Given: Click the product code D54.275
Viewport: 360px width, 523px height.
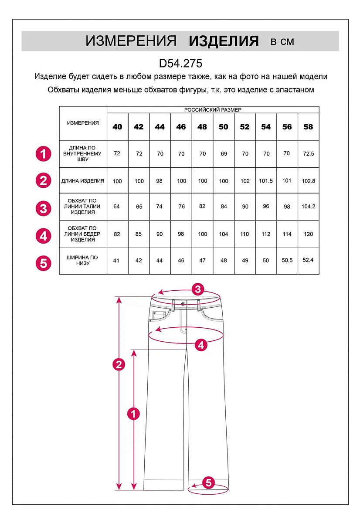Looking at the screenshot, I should (x=180, y=64).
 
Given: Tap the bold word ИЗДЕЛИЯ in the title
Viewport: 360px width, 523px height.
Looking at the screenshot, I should (x=224, y=41).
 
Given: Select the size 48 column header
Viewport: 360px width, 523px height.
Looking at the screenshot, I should (x=202, y=127).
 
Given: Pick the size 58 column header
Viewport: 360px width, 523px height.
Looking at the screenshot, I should (x=308, y=127).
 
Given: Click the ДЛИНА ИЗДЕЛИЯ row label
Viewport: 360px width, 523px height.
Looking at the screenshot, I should (x=83, y=181).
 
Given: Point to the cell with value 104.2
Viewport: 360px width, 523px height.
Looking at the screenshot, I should (x=308, y=207).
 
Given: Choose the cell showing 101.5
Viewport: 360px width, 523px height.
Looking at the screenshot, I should (x=266, y=181).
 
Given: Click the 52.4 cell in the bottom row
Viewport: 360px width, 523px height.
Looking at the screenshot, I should (x=308, y=260).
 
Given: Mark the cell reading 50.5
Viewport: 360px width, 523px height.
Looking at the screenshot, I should (x=287, y=260).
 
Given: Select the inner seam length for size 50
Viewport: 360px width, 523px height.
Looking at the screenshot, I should (x=224, y=154).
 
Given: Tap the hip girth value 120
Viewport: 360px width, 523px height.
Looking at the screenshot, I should (x=308, y=234).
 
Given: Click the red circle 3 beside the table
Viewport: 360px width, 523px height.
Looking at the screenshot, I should (x=43, y=208).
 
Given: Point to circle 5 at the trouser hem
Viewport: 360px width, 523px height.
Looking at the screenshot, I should (x=208, y=482).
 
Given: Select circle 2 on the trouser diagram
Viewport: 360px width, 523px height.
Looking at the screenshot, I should (x=119, y=364).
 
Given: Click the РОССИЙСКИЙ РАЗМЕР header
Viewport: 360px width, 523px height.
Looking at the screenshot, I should (x=213, y=110).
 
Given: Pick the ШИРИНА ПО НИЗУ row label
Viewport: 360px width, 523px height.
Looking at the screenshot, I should (x=83, y=261).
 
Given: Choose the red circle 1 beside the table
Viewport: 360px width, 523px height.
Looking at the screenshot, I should (x=43, y=154).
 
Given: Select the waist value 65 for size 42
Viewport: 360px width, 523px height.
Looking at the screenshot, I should (x=139, y=207).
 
